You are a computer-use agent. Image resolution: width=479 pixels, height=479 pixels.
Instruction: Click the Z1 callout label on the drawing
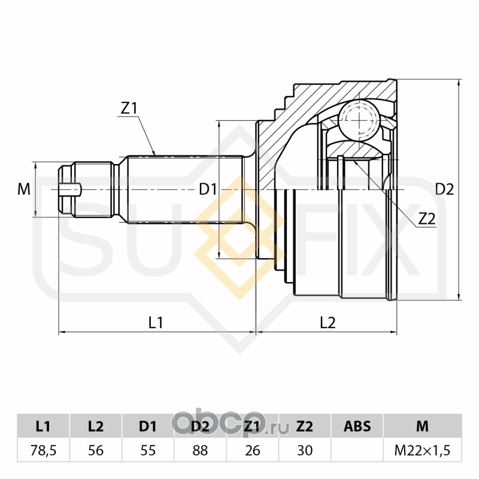(129, 108)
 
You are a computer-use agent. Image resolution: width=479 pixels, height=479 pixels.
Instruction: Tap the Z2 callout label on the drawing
(426, 219)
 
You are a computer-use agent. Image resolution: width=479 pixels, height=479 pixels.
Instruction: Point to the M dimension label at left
(24, 189)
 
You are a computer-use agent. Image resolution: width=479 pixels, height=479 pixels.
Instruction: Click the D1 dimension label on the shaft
(208, 189)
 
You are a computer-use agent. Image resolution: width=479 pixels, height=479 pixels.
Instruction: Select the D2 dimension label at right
(444, 190)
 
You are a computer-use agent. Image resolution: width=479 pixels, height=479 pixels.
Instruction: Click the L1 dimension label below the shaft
(156, 323)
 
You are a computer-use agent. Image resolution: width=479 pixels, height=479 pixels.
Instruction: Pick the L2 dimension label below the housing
(328, 323)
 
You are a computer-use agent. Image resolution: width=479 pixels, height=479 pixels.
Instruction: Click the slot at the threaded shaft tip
(71, 190)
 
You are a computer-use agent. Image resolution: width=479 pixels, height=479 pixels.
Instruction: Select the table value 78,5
(43, 451)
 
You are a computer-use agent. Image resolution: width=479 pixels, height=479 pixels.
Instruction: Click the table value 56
(96, 451)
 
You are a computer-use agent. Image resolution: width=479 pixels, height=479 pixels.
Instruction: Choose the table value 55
(148, 451)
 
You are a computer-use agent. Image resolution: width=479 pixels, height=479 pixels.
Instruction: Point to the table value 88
(201, 451)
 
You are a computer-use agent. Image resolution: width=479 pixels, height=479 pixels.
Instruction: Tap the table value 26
(253, 451)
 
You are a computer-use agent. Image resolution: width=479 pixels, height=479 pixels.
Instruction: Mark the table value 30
(305, 451)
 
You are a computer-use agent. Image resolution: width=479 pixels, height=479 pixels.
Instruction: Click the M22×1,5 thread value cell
(423, 451)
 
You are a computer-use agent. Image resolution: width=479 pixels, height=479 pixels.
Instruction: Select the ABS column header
(357, 426)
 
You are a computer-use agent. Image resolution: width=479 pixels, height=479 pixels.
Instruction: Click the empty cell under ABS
(357, 450)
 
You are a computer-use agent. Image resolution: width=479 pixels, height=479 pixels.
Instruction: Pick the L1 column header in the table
(43, 426)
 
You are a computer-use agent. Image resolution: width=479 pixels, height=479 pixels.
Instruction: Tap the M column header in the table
(423, 426)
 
